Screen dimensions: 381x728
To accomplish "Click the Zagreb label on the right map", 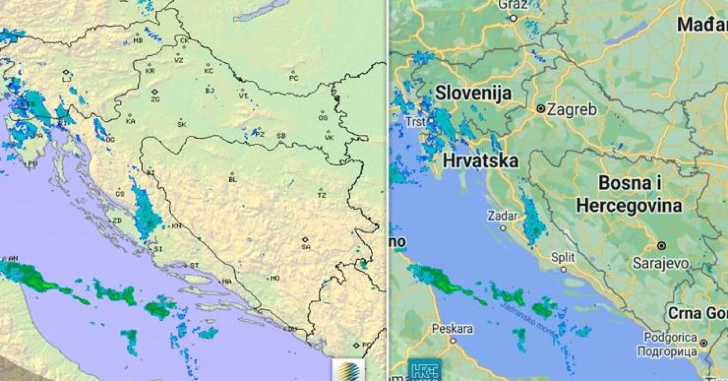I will (572, 109).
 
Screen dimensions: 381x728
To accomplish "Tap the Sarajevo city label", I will (661, 263).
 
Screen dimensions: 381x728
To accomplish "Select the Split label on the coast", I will (563, 258).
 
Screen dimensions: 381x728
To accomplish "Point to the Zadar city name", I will (503, 216).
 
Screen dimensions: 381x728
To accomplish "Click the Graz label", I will (513, 5).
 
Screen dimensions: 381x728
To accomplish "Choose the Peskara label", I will (452, 329).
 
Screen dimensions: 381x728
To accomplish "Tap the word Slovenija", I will (473, 93).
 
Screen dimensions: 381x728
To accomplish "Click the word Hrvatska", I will (480, 161).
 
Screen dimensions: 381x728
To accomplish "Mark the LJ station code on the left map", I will (67, 80).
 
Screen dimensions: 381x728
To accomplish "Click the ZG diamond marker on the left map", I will (155, 92).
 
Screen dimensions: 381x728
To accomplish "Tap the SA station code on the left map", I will (306, 247).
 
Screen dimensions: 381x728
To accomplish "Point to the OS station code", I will (323, 118).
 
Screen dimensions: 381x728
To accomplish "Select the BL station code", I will (232, 180).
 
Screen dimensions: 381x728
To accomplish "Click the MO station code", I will (275, 279).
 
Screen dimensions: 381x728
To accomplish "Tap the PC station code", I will (293, 78).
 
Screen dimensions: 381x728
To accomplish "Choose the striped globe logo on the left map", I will (348, 370).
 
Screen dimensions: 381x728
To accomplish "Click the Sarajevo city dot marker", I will (661, 246).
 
